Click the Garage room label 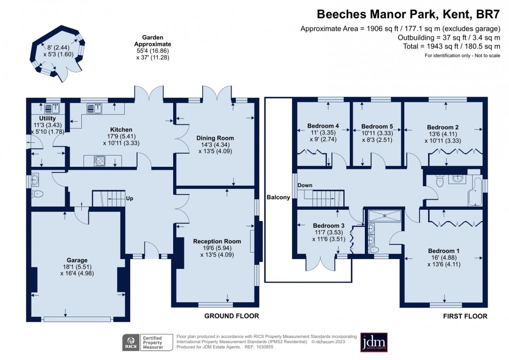click(77, 260)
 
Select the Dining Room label click(215, 138)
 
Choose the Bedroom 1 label click(444, 251)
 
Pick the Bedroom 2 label click(444, 127)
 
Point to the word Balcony click(278, 197)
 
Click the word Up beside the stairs click(129, 198)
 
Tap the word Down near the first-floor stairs click(305, 185)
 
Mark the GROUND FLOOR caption click(232, 316)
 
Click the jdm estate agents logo click(374, 343)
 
